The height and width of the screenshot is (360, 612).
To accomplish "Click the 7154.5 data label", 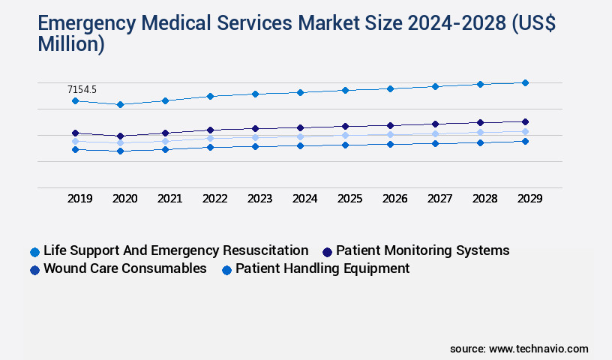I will tap(82, 89).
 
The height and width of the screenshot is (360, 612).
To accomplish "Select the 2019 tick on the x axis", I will tap(80, 199).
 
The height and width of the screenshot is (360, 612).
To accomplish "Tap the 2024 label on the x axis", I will tap(304, 199).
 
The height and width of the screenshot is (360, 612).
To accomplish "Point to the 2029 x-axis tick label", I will tap(529, 199).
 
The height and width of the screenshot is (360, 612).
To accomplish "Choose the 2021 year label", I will tap(169, 199).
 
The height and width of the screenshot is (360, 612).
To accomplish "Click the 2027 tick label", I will tap(439, 199).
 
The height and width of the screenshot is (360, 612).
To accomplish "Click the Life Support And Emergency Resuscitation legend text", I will tap(175, 250).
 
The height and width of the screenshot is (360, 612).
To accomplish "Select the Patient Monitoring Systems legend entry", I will tap(422, 250).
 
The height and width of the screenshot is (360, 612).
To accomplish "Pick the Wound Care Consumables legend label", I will tap(125, 268).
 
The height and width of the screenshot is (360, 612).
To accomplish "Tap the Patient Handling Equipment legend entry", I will tap(322, 268).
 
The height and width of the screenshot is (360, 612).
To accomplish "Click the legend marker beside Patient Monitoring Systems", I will tap(327, 251).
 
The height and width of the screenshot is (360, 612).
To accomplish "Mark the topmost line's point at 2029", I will tap(525, 82).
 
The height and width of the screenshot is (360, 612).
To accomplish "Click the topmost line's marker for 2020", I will tap(120, 104).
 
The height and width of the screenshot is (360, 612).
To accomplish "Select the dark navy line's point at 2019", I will tap(75, 133).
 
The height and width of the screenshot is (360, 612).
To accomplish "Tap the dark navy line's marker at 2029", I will tap(525, 121).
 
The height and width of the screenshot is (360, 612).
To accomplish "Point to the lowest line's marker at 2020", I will tap(120, 151).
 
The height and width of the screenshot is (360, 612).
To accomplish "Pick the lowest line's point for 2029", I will tap(525, 141).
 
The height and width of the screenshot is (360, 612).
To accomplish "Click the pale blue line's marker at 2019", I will tap(75, 141).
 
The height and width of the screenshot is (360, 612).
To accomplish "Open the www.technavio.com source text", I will tap(538, 349).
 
